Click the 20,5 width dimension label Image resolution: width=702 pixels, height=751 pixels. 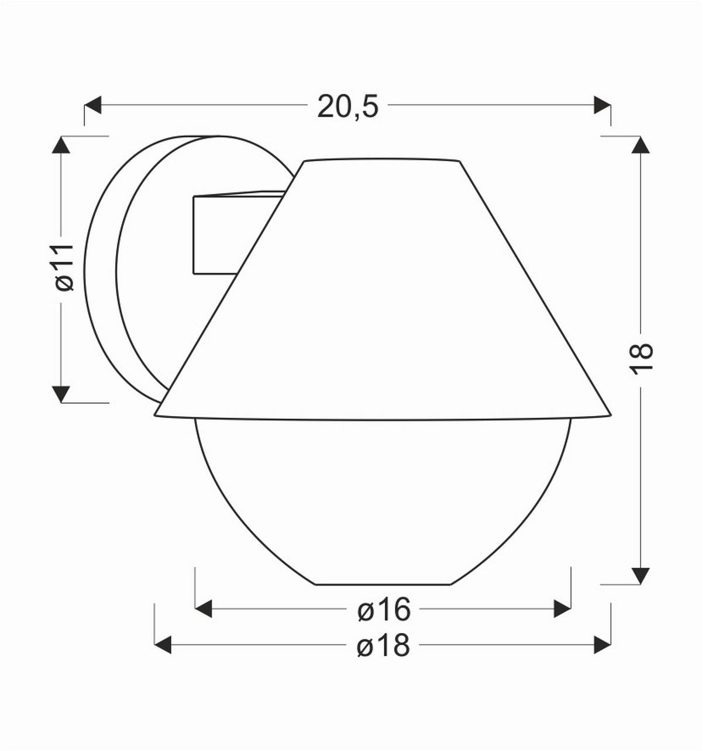[x=348, y=106]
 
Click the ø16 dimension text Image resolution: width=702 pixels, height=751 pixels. [x=384, y=610]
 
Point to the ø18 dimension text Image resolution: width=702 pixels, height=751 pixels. [x=383, y=646]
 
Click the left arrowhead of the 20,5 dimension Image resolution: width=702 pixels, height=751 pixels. [x=93, y=105]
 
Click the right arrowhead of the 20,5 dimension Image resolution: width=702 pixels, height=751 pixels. [x=603, y=105]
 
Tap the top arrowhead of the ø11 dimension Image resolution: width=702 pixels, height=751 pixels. [x=61, y=145]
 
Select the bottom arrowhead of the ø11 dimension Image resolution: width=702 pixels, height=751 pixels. [x=61, y=394]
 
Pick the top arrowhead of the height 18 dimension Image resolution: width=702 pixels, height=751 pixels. [x=641, y=145]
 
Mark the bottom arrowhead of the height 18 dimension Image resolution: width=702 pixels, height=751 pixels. [x=641, y=575]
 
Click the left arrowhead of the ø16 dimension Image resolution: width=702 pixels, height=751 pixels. [x=203, y=609]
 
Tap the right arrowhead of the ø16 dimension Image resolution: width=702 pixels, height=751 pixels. [x=562, y=609]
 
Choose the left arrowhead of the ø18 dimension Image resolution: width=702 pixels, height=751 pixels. [x=163, y=645]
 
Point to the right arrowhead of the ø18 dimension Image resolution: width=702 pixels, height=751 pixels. [x=603, y=645]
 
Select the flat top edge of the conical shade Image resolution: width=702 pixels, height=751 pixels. [x=380, y=160]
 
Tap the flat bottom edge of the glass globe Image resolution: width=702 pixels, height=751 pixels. [x=383, y=584]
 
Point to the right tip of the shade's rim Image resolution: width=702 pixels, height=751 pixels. [x=610, y=415]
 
